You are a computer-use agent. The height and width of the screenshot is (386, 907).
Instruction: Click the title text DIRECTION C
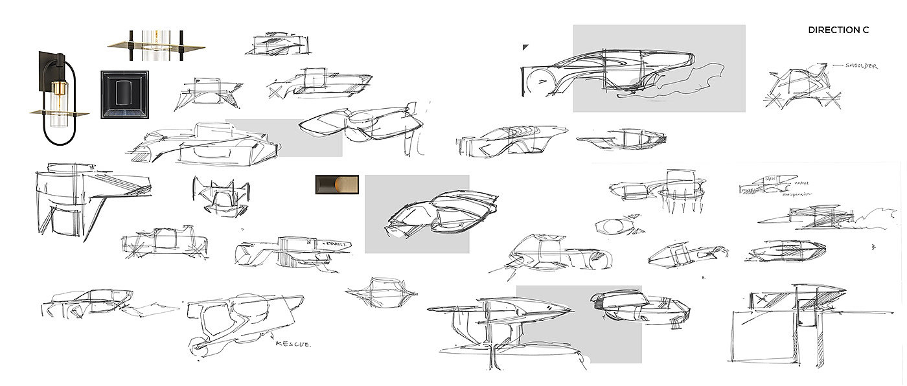point(838,30)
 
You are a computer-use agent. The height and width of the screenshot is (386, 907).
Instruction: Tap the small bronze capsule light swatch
point(337,185)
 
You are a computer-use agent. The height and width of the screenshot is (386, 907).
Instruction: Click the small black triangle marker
point(525,47)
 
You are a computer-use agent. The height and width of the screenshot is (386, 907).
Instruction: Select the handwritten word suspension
point(796,194)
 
